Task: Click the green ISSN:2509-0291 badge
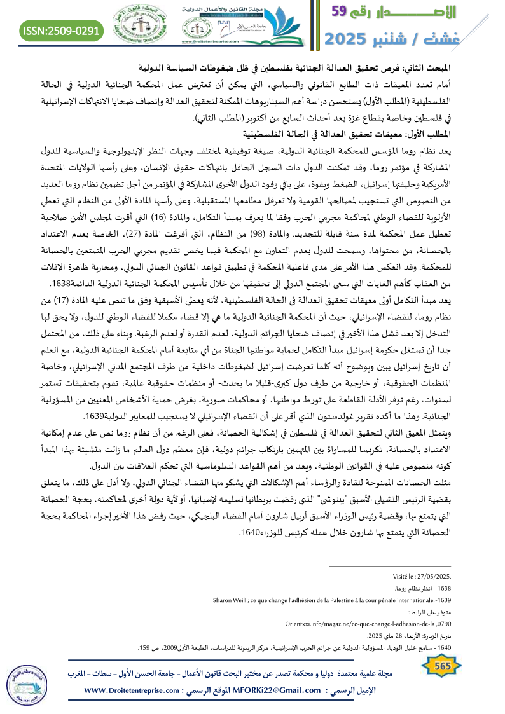pos(62,29)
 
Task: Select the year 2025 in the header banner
pos(353,38)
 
